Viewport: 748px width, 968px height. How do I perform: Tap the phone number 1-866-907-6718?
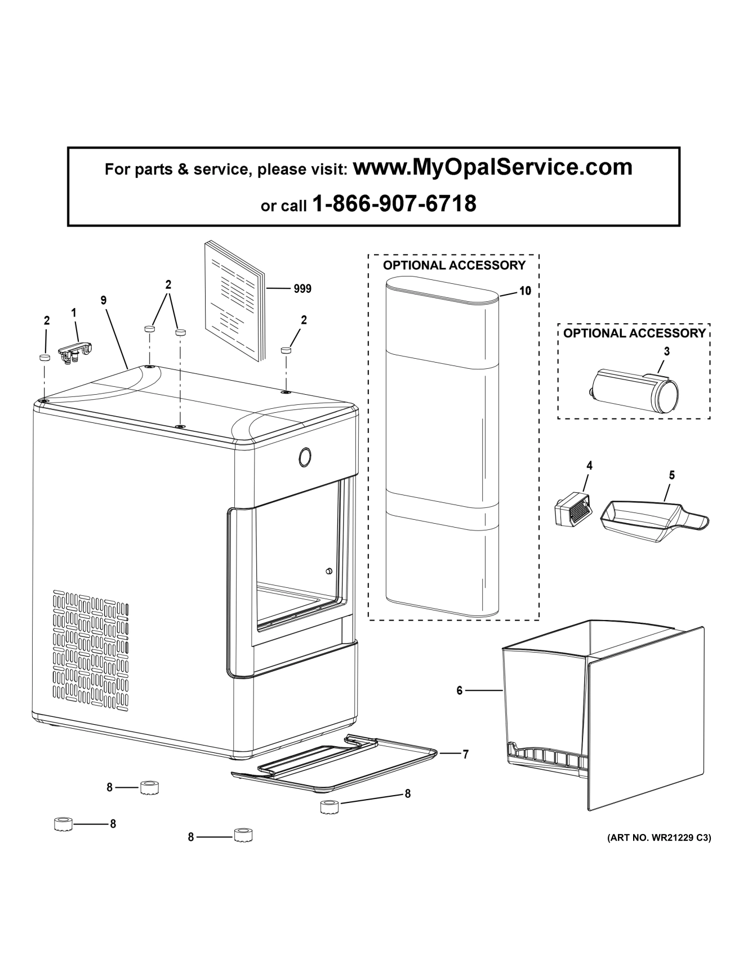(x=394, y=204)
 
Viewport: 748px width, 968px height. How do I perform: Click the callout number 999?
(x=302, y=289)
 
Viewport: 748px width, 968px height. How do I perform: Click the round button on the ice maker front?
(x=305, y=457)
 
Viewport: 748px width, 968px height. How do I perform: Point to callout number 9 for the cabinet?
(x=104, y=301)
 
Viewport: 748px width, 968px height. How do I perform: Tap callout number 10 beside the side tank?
(x=525, y=291)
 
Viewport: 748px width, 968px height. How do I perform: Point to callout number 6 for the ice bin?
(x=460, y=690)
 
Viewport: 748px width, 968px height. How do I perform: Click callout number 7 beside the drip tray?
(x=466, y=755)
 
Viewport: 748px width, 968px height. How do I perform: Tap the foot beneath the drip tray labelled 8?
(x=328, y=808)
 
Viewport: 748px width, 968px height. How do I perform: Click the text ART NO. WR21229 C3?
(x=658, y=838)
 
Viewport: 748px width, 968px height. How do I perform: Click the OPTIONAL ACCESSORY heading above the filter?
(x=634, y=333)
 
